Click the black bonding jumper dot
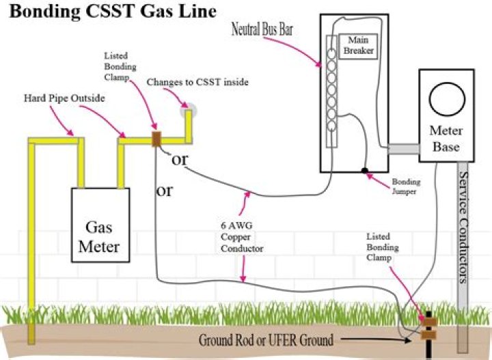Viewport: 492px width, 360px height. tap(365, 171)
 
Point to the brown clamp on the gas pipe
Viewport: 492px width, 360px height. tap(156, 139)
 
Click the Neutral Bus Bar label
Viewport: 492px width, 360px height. tap(262, 29)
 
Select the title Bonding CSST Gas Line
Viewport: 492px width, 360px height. tap(113, 12)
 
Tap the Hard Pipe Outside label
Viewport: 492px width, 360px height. tap(64, 98)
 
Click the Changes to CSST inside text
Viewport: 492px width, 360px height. tap(197, 82)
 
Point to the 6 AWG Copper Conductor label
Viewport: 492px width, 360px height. tap(242, 237)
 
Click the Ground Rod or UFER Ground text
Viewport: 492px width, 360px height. tap(266, 340)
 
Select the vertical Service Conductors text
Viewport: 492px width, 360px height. tap(463, 227)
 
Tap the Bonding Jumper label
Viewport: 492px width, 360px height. tap(406, 186)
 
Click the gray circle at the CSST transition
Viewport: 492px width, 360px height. tap(189, 111)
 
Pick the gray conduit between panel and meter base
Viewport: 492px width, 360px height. tap(404, 149)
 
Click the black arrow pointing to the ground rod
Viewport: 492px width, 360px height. tap(376, 340)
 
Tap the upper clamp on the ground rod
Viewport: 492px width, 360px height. tap(429, 322)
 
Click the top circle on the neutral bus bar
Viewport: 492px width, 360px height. tap(331, 53)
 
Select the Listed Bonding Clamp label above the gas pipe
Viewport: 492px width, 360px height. tap(120, 66)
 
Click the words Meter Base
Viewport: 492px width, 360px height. tap(446, 138)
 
